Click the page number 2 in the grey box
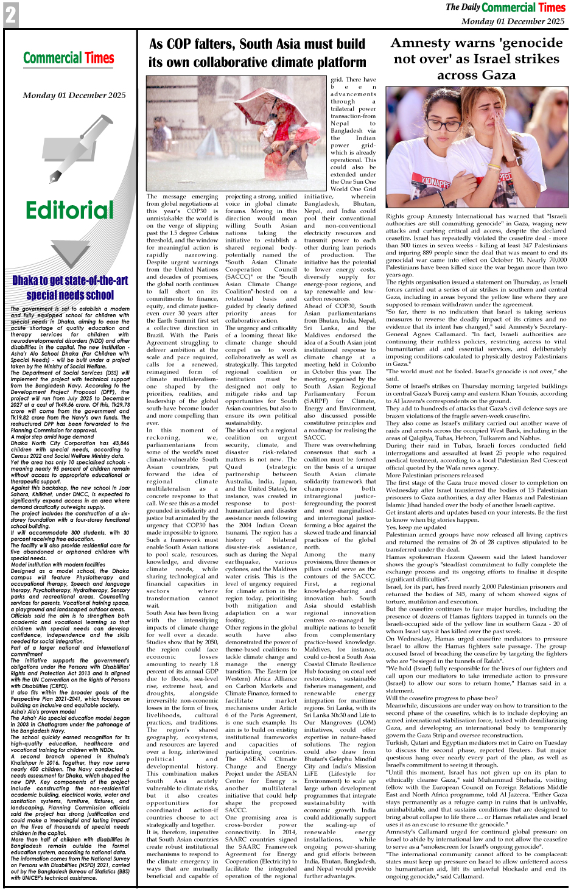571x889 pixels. click(x=10, y=15)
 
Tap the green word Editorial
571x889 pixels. click(x=69, y=211)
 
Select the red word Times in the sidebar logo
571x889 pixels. click(x=99, y=58)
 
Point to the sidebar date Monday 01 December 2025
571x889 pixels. click(x=74, y=96)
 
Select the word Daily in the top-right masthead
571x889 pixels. click(x=471, y=7)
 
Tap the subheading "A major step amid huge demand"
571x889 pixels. click(x=52, y=437)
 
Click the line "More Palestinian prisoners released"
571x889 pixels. click(x=434, y=475)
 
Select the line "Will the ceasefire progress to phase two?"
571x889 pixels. click(x=441, y=698)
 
